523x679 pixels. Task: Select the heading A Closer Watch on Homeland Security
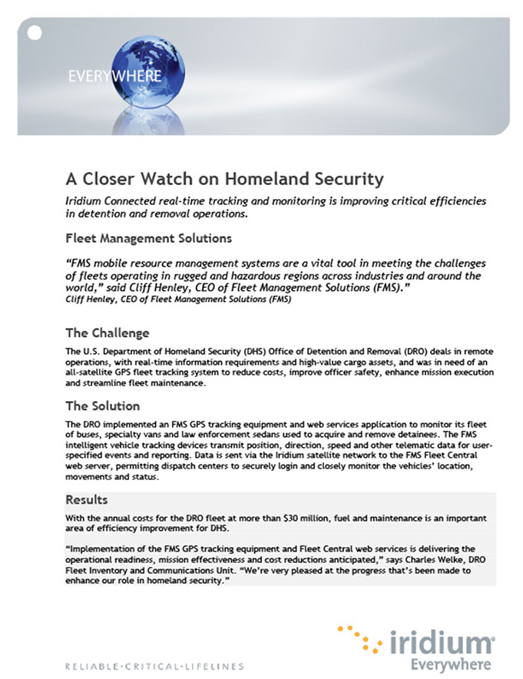223,180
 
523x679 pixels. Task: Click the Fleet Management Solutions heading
148,239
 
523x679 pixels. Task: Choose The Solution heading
102,406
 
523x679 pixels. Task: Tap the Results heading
86,500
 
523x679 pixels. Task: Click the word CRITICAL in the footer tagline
150,665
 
